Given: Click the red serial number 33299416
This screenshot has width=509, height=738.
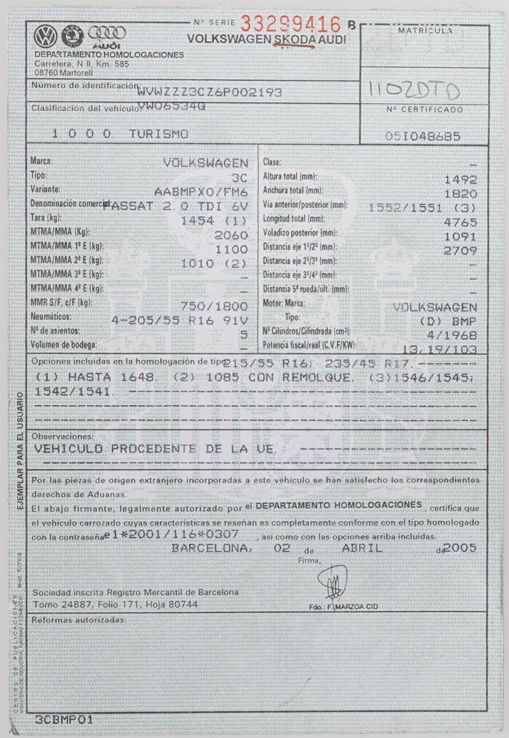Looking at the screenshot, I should coord(291,24).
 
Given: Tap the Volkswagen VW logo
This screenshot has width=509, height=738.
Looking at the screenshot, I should coord(44,37).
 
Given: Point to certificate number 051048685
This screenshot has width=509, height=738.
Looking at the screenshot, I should coord(422,136).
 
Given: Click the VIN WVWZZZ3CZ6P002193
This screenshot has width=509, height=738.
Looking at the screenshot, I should coord(210,92).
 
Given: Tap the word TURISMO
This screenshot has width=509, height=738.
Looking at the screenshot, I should coord(158,134).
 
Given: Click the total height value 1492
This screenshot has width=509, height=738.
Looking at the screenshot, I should coord(461,179).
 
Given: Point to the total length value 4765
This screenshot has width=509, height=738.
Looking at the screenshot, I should coord(461,222).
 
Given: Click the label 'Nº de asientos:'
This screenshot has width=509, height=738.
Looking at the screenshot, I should coord(56,331).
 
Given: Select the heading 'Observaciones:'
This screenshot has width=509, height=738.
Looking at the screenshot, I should coord(62,437).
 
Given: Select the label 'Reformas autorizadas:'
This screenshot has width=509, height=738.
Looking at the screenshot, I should coord(78,620).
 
